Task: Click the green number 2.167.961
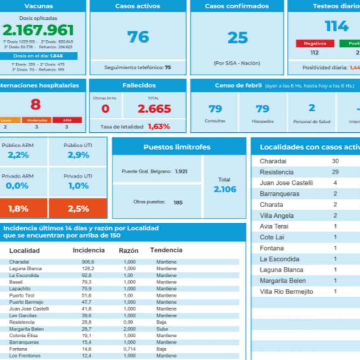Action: tap(39, 30)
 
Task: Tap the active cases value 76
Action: tap(138, 37)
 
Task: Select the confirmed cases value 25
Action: tap(237, 38)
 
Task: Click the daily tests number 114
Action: tap(337, 26)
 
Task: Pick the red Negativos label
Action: tap(315, 44)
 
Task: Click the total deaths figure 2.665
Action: tap(154, 109)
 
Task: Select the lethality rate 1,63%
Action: tap(159, 126)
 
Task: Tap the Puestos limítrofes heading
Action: tap(177, 147)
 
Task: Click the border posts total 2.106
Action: tap(225, 189)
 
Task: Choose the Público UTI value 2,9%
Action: tap(78, 155)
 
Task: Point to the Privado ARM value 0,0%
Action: tap(17, 185)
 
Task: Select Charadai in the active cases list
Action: tap(273, 161)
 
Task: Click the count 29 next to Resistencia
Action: tap(335, 172)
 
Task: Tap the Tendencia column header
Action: tap(166, 250)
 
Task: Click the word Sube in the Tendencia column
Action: tap(161, 329)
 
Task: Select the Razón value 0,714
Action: tap(129, 349)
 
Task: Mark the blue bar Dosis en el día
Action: tap(39, 56)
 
